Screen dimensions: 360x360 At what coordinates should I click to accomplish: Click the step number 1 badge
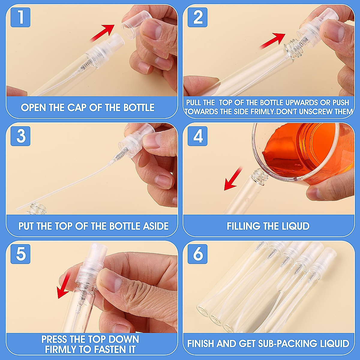[x=20, y=17]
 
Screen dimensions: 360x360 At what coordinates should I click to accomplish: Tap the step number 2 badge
[x=197, y=17]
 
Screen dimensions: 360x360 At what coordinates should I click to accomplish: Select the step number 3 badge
[x=20, y=136]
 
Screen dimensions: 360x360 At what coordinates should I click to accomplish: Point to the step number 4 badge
[x=197, y=136]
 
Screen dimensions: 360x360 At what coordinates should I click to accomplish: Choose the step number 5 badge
[x=20, y=254]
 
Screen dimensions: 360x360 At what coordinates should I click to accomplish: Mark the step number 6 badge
[x=197, y=254]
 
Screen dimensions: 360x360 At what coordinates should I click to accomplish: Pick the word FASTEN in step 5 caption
[x=107, y=349]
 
